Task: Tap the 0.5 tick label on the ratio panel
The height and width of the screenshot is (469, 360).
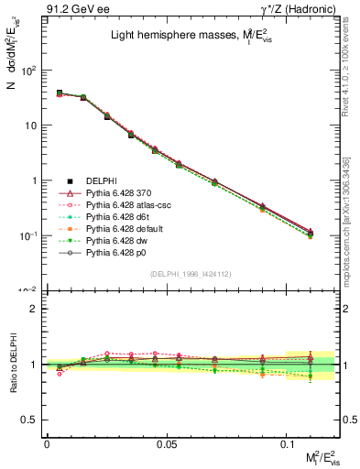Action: pyautogui.click(x=31, y=420)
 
